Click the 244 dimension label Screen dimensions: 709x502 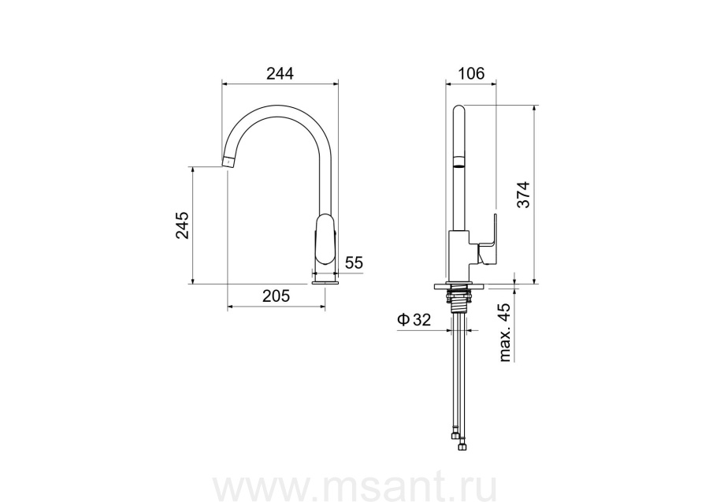click(280, 73)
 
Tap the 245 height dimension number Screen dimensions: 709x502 click(182, 225)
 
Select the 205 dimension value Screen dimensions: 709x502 click(276, 296)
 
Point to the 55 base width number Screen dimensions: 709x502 click(354, 262)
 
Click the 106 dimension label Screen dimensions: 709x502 click(471, 73)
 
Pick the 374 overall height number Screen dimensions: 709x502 click(523, 195)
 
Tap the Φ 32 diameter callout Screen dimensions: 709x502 click(414, 320)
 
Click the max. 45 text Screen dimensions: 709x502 click(505, 332)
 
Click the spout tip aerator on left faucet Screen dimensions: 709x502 click(229, 162)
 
